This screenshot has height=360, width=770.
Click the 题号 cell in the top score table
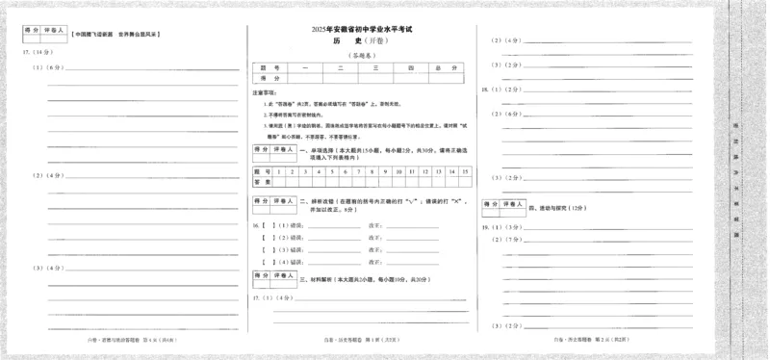click(263, 67)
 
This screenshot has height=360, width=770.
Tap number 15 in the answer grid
click(465, 170)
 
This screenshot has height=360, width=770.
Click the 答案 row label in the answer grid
click(262, 180)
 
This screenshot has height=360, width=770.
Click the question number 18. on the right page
click(487, 90)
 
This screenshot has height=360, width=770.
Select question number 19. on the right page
click(487, 228)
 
